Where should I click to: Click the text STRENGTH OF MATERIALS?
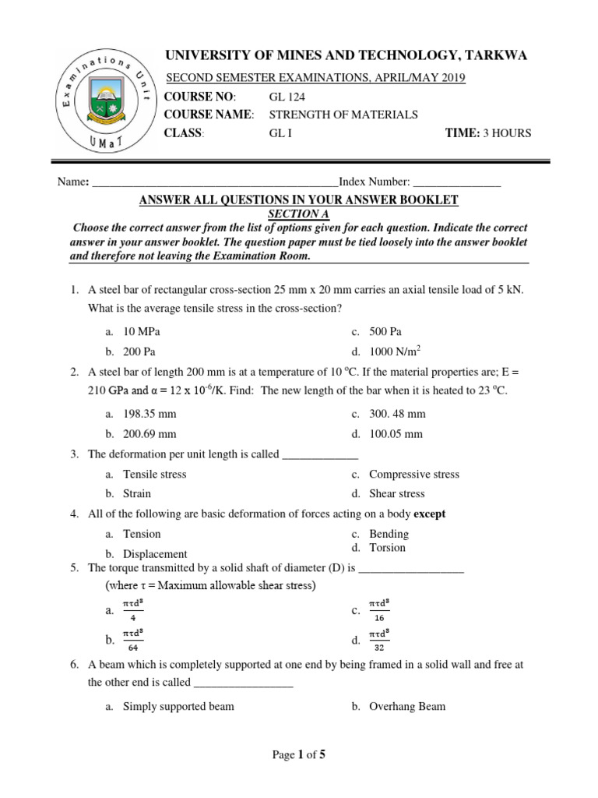point(343,115)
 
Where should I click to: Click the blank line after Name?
point(215,182)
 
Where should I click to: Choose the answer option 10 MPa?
point(142,331)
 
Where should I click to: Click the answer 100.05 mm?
point(396,433)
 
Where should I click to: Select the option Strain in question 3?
point(137,493)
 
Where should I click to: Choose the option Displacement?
point(155,553)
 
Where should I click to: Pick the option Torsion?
point(387,547)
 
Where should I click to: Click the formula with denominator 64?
point(133,639)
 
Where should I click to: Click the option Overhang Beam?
point(407,706)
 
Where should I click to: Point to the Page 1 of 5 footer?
point(298,754)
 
